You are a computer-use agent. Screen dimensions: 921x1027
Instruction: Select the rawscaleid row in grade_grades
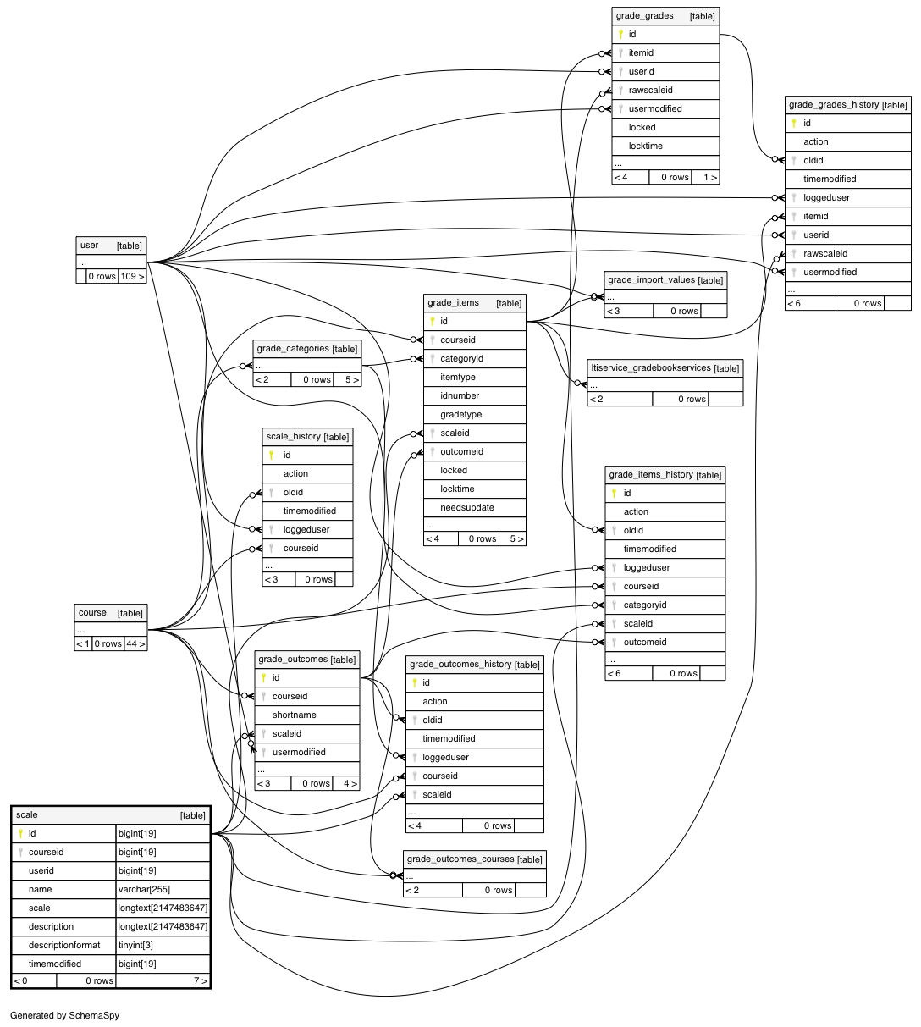tap(665, 91)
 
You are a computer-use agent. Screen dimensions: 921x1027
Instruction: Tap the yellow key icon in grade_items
tap(432, 321)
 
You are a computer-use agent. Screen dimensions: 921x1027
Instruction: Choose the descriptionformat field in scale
tap(63, 945)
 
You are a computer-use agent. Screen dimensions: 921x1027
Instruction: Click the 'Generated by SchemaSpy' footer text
tap(64, 1015)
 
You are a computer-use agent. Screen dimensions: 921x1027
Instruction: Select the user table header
tap(111, 246)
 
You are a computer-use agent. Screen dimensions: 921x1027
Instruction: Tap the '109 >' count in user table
tap(132, 276)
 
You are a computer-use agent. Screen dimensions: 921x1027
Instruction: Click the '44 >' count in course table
tap(135, 643)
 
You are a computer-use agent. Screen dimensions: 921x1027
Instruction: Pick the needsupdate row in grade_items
tap(474, 507)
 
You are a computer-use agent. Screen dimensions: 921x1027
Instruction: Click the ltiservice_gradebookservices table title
tap(650, 367)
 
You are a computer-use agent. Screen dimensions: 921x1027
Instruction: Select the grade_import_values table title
tap(651, 279)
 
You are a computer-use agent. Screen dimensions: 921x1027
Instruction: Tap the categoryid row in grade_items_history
tap(665, 605)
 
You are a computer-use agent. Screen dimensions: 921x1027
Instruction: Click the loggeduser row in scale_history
tap(307, 529)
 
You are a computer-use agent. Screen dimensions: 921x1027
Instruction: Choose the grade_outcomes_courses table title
tap(460, 859)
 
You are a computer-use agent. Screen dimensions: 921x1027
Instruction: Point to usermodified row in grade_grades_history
tap(847, 273)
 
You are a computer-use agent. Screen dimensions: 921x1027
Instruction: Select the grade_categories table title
tap(293, 348)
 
